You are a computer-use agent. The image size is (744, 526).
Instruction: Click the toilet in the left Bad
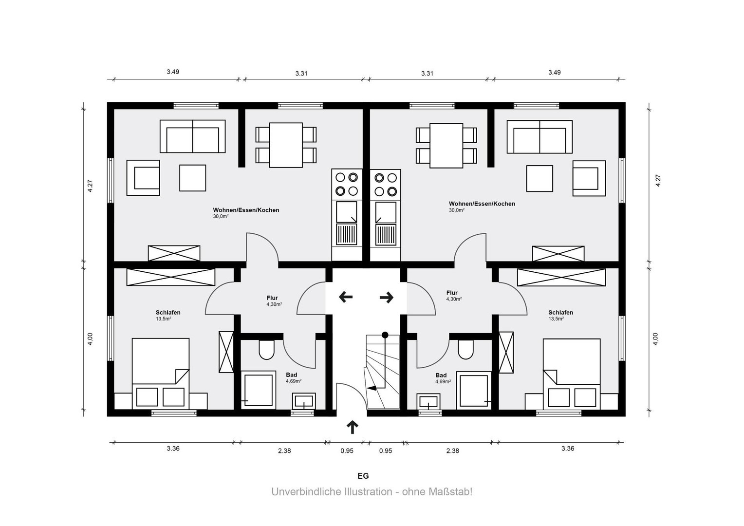point(266,350)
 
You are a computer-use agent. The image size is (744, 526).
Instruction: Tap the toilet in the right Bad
point(465,350)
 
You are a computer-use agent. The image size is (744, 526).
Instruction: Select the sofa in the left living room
point(193,136)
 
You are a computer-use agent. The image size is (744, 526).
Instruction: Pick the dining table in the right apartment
point(446,146)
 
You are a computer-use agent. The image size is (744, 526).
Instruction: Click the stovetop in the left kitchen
point(347,184)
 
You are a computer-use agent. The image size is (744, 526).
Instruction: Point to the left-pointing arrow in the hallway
point(345,297)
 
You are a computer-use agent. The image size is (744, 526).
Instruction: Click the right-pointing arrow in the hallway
point(387,298)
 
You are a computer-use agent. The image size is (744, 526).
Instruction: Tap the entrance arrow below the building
point(353,427)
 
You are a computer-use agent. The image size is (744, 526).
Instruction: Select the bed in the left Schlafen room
point(161,374)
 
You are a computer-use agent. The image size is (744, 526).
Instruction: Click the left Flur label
point(272,298)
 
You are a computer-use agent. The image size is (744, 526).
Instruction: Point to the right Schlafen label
point(560,312)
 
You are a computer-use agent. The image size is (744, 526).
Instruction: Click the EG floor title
point(363,476)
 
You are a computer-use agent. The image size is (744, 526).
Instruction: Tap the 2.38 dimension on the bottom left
point(284,451)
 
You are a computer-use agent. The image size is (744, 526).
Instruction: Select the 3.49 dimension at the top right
point(555,73)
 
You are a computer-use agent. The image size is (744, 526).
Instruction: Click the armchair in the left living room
point(143,178)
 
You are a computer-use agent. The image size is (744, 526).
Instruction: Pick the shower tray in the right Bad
point(474,391)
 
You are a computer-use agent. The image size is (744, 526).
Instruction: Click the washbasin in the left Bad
point(304,401)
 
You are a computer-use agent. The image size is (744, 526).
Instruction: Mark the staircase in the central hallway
point(383,372)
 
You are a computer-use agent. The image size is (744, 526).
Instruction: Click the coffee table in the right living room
point(539,178)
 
